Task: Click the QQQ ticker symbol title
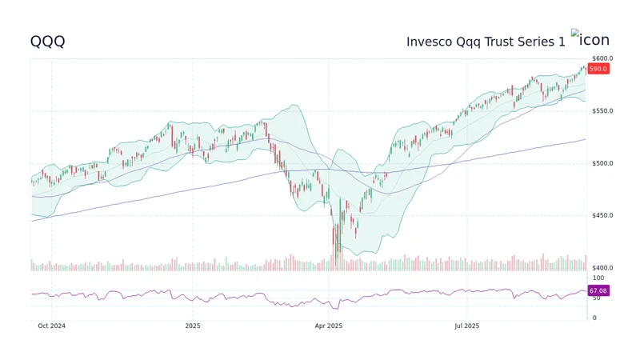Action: (x=47, y=41)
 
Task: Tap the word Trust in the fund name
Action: (x=507, y=41)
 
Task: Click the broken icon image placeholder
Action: (x=590, y=39)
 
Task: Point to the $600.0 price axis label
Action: (x=602, y=58)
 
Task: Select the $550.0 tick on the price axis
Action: (x=602, y=111)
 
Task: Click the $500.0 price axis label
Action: (x=602, y=163)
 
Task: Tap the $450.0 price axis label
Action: (x=602, y=216)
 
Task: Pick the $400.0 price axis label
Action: (x=602, y=268)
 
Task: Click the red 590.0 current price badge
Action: (x=598, y=69)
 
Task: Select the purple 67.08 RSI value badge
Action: (x=598, y=290)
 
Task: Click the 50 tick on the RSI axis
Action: (x=596, y=298)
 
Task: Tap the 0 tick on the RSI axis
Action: (x=594, y=318)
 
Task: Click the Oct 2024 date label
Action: (x=51, y=326)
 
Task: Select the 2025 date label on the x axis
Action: (x=193, y=326)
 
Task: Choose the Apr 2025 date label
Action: (x=328, y=326)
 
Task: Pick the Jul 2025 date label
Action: (x=466, y=326)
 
